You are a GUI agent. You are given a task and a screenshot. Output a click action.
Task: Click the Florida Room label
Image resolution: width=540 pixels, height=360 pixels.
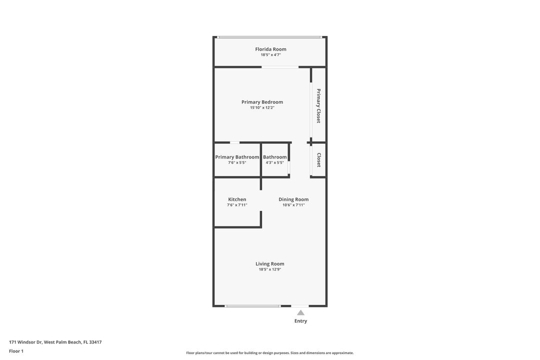[270, 49]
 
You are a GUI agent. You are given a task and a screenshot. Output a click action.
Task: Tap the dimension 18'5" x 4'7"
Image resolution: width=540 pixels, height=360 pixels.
[270, 55]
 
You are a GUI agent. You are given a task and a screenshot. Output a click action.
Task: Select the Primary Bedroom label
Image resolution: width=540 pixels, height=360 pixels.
[262, 102]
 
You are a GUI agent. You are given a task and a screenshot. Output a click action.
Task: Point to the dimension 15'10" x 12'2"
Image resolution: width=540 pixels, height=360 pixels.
[262, 107]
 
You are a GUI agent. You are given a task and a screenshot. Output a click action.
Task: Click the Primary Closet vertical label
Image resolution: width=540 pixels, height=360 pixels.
[318, 106]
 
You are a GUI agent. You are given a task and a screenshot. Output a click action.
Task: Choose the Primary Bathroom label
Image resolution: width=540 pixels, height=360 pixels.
[237, 157]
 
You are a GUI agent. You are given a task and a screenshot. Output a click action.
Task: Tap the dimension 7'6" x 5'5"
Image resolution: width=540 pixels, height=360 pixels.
[237, 162]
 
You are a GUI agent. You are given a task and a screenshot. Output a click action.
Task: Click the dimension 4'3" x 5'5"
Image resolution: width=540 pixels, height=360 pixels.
[275, 162]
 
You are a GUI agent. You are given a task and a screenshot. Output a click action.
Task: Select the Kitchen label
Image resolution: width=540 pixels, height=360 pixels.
[237, 199]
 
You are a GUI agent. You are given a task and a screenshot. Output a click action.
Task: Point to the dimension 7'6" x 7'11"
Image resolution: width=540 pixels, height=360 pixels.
[237, 205]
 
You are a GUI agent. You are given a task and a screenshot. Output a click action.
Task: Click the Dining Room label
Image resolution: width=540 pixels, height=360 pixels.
[293, 199]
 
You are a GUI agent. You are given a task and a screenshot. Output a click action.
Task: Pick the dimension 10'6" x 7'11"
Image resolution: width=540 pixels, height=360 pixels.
[293, 205]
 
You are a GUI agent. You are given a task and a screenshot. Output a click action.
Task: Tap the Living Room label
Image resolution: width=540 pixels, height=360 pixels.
[269, 264]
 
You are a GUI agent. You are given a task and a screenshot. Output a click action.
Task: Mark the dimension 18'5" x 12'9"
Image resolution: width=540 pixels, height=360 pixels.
[269, 269]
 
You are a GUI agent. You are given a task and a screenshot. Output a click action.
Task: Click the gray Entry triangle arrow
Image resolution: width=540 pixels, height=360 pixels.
[300, 313]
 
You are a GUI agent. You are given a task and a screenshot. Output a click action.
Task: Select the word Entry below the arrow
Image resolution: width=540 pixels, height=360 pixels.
[300, 320]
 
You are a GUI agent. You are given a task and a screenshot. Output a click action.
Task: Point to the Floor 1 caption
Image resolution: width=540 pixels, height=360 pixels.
[16, 351]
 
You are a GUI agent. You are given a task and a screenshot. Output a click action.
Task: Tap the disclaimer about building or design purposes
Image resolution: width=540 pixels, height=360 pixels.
[270, 353]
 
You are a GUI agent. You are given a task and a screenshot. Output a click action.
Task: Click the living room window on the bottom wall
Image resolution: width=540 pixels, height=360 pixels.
[252, 306]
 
